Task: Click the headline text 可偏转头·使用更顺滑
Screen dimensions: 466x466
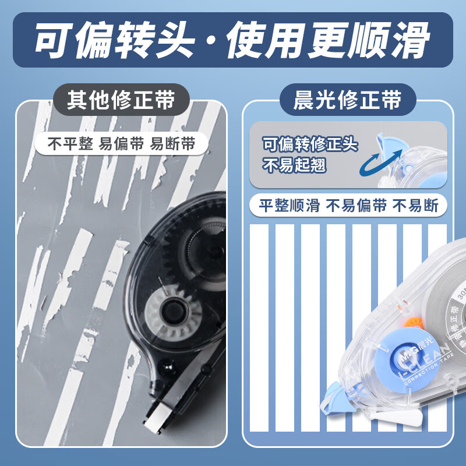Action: click(232, 41)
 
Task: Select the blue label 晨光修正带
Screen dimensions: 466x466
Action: click(348, 100)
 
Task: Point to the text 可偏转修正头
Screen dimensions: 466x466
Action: click(310, 143)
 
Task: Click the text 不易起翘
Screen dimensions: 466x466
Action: click(294, 165)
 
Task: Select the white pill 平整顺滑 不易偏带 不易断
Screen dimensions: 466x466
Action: click(348, 205)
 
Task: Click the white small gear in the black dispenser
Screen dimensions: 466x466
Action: click(174, 308)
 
